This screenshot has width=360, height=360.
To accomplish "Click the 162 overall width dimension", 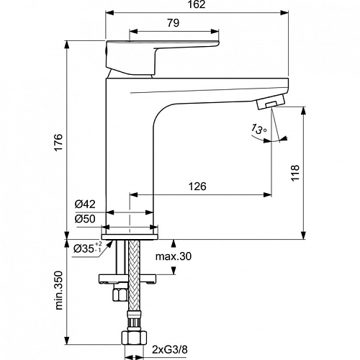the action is pos(197,4).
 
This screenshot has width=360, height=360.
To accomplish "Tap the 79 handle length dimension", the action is pos(174,23).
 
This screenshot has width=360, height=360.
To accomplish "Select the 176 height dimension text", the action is pos(59,143).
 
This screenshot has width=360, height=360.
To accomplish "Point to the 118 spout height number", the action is pos(294,173).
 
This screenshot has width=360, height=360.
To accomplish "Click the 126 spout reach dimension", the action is pos(197,186).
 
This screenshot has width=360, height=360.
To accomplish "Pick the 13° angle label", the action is pos(258,129).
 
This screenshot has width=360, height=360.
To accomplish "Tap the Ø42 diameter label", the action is pos(85,204).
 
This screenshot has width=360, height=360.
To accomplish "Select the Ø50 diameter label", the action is pos(85,219).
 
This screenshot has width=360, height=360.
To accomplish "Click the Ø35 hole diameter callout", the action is pos(88,248).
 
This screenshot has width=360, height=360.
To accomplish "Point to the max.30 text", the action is pos(174,256).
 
